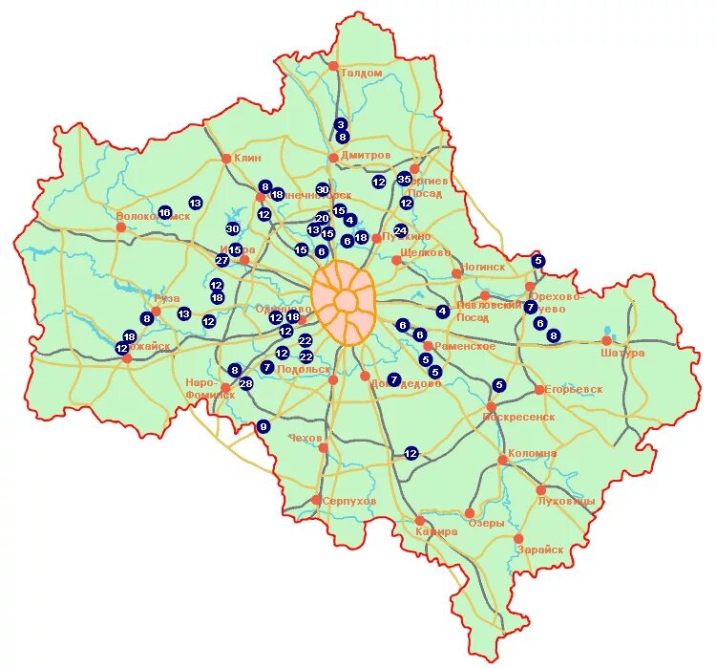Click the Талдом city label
pos(360,74)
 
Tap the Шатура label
pos(624,353)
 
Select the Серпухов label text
pos(349,502)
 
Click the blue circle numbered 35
pos(404,179)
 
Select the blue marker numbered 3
pos(341,124)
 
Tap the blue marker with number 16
pos(164,212)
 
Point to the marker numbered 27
pos(221,260)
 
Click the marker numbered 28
pos(245,384)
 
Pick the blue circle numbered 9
pos(263,426)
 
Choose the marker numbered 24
pos(400,230)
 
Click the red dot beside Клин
pos(226,159)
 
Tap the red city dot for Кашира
pos(421,521)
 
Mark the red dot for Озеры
pos(470,513)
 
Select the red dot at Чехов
pos(324,447)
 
